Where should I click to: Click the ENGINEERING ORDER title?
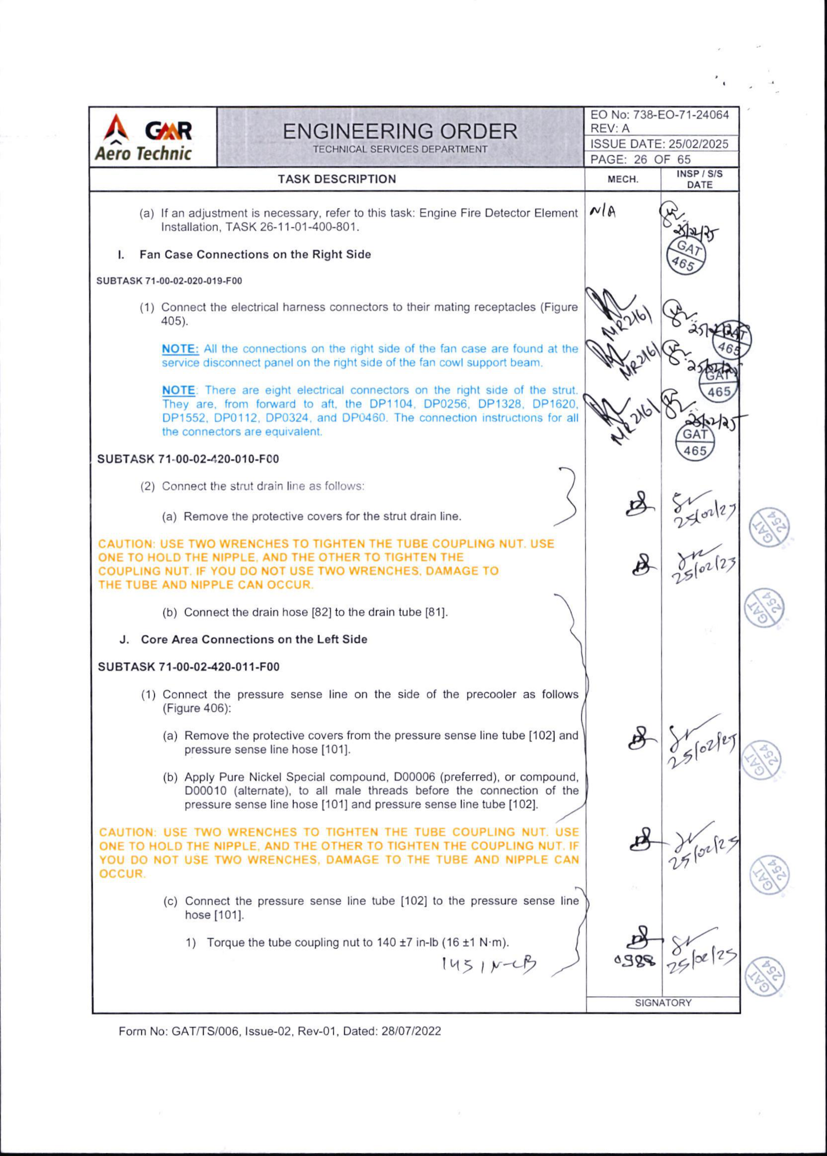[x=400, y=132]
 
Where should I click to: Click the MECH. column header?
[x=623, y=179]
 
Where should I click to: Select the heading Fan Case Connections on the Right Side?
[x=255, y=255]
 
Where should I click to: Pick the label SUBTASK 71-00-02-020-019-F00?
[x=169, y=281]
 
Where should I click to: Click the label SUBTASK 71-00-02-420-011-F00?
[x=189, y=667]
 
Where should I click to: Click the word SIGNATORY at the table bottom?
[x=663, y=1003]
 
